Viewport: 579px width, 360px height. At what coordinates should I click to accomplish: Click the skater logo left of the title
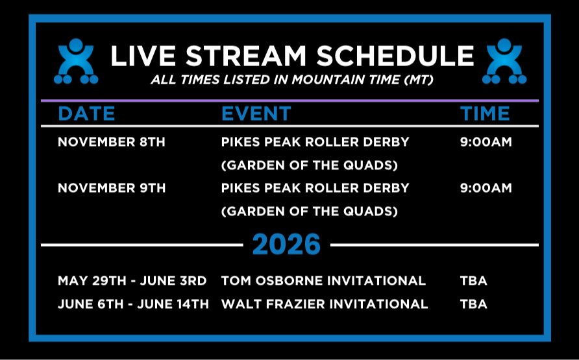coord(76,61)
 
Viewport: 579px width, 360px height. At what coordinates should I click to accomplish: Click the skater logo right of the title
coord(504,61)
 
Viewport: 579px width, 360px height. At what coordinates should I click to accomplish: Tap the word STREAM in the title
coord(246,56)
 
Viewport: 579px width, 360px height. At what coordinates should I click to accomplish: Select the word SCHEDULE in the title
coord(395,56)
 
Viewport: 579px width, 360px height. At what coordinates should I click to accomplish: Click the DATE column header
coord(86,114)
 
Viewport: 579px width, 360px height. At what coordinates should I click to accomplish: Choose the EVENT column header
coord(256,114)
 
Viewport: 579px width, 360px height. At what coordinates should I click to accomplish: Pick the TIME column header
coord(485,114)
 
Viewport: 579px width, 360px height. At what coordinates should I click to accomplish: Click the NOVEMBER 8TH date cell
coord(112,142)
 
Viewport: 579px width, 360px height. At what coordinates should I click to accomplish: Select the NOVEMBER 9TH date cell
coord(112,188)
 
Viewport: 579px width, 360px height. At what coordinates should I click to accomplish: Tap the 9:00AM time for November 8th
coord(486,142)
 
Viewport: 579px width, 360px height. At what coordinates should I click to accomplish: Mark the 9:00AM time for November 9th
coord(486,188)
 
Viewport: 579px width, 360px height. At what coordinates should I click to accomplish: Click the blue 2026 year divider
coord(286,244)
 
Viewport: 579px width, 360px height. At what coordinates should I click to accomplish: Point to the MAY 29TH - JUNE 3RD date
coord(132,281)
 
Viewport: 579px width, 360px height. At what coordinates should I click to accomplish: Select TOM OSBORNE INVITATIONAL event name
coord(323,281)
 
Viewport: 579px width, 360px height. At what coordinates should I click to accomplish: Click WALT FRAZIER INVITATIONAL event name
coord(325,304)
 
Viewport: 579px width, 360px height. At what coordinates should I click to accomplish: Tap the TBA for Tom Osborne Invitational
coord(473,281)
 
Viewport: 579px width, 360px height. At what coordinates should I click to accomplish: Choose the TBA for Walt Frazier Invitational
coord(473,304)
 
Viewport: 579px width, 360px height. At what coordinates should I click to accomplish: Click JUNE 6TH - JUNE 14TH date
coord(133,304)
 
